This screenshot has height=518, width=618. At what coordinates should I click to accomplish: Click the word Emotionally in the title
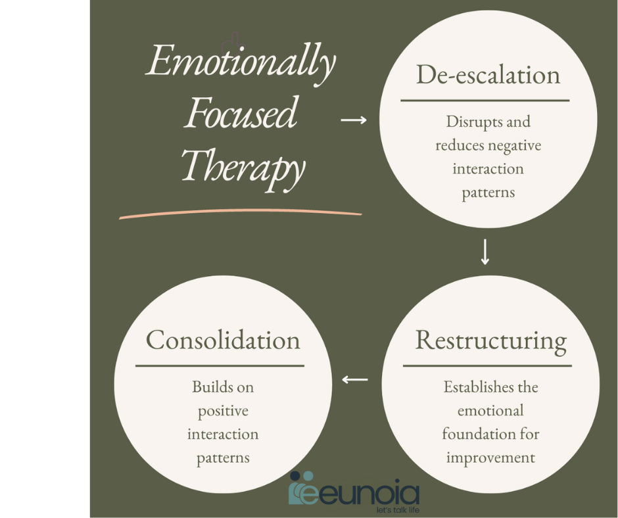[241, 63]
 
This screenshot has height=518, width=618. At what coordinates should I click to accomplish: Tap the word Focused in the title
[241, 113]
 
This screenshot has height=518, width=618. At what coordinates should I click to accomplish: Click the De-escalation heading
[488, 74]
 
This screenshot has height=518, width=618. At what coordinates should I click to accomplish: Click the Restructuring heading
[491, 341]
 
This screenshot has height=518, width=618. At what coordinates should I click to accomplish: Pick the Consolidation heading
[223, 340]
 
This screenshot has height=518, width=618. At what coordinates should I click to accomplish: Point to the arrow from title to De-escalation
[354, 120]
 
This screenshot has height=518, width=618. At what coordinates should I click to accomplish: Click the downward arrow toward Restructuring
[485, 252]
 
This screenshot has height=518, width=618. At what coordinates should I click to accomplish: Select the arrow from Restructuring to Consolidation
[355, 380]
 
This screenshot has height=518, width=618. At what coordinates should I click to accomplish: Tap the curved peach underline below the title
[241, 212]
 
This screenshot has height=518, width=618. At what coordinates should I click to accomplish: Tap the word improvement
[490, 458]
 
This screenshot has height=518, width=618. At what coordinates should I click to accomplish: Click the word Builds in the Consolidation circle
[206, 387]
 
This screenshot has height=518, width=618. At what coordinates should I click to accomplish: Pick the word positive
[223, 411]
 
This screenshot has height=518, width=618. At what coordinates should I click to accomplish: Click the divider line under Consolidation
[220, 366]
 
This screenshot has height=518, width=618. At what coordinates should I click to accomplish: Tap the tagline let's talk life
[398, 510]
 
